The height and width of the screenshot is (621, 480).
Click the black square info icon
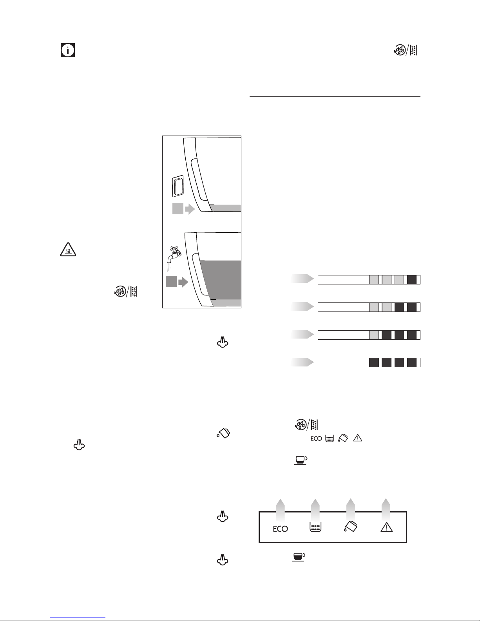[68, 50]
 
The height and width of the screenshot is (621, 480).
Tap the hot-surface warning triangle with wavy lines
[68, 250]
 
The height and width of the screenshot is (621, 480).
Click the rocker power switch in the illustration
[178, 186]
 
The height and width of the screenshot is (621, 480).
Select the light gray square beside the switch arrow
[178, 208]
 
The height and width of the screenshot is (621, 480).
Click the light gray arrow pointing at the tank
[190, 209]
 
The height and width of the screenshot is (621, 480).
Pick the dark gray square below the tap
[171, 282]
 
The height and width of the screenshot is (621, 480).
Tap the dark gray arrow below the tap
[183, 282]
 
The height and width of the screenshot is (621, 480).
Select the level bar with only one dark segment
[369, 279]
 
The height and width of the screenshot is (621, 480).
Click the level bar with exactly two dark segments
[369, 307]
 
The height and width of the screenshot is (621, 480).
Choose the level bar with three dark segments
[369, 335]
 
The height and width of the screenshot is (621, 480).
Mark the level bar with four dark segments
[369, 362]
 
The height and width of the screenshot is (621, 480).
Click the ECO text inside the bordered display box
[280, 529]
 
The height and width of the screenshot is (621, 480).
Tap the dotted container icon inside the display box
[315, 527]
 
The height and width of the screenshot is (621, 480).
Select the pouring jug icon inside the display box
[351, 527]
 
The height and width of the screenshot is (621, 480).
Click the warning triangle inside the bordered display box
[387, 527]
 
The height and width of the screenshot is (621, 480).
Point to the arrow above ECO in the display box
[280, 511]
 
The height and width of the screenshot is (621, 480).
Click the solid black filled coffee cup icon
[299, 557]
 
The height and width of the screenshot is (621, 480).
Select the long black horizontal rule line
[335, 97]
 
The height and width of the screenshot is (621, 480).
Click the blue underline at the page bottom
[78, 617]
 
